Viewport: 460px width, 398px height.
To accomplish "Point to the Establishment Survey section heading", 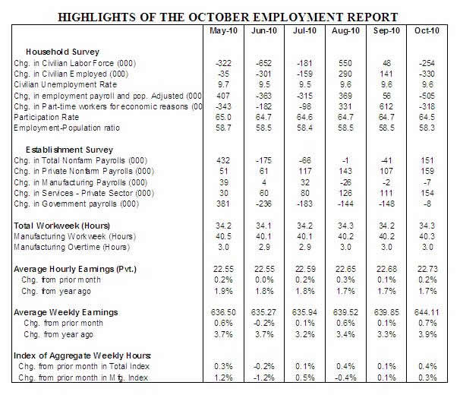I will (65, 150).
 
